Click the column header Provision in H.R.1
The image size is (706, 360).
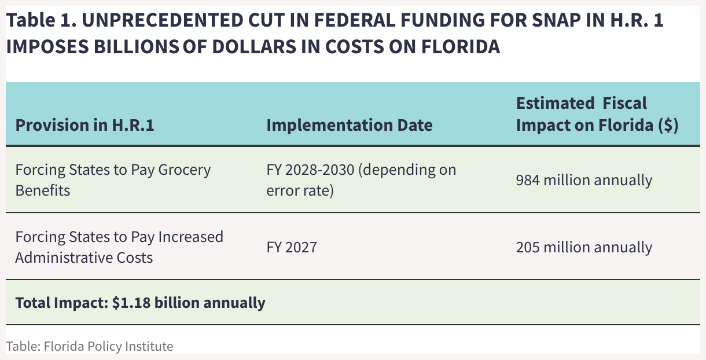[x=84, y=125]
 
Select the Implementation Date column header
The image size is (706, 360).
[x=349, y=125]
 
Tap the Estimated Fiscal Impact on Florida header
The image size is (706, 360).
[x=597, y=115]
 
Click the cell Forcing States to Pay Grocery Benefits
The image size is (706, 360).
[x=113, y=180]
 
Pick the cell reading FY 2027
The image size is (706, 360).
[x=292, y=247]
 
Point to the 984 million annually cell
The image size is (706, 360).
[x=584, y=180]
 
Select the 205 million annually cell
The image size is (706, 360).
[x=584, y=247]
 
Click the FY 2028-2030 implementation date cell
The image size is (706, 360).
[x=361, y=180]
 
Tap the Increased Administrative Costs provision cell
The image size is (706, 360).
[x=119, y=247]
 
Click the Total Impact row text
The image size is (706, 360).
[x=140, y=303]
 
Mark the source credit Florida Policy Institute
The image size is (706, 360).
[x=90, y=346]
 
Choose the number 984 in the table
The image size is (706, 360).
[x=528, y=180]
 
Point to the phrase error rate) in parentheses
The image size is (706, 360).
[x=300, y=190]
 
